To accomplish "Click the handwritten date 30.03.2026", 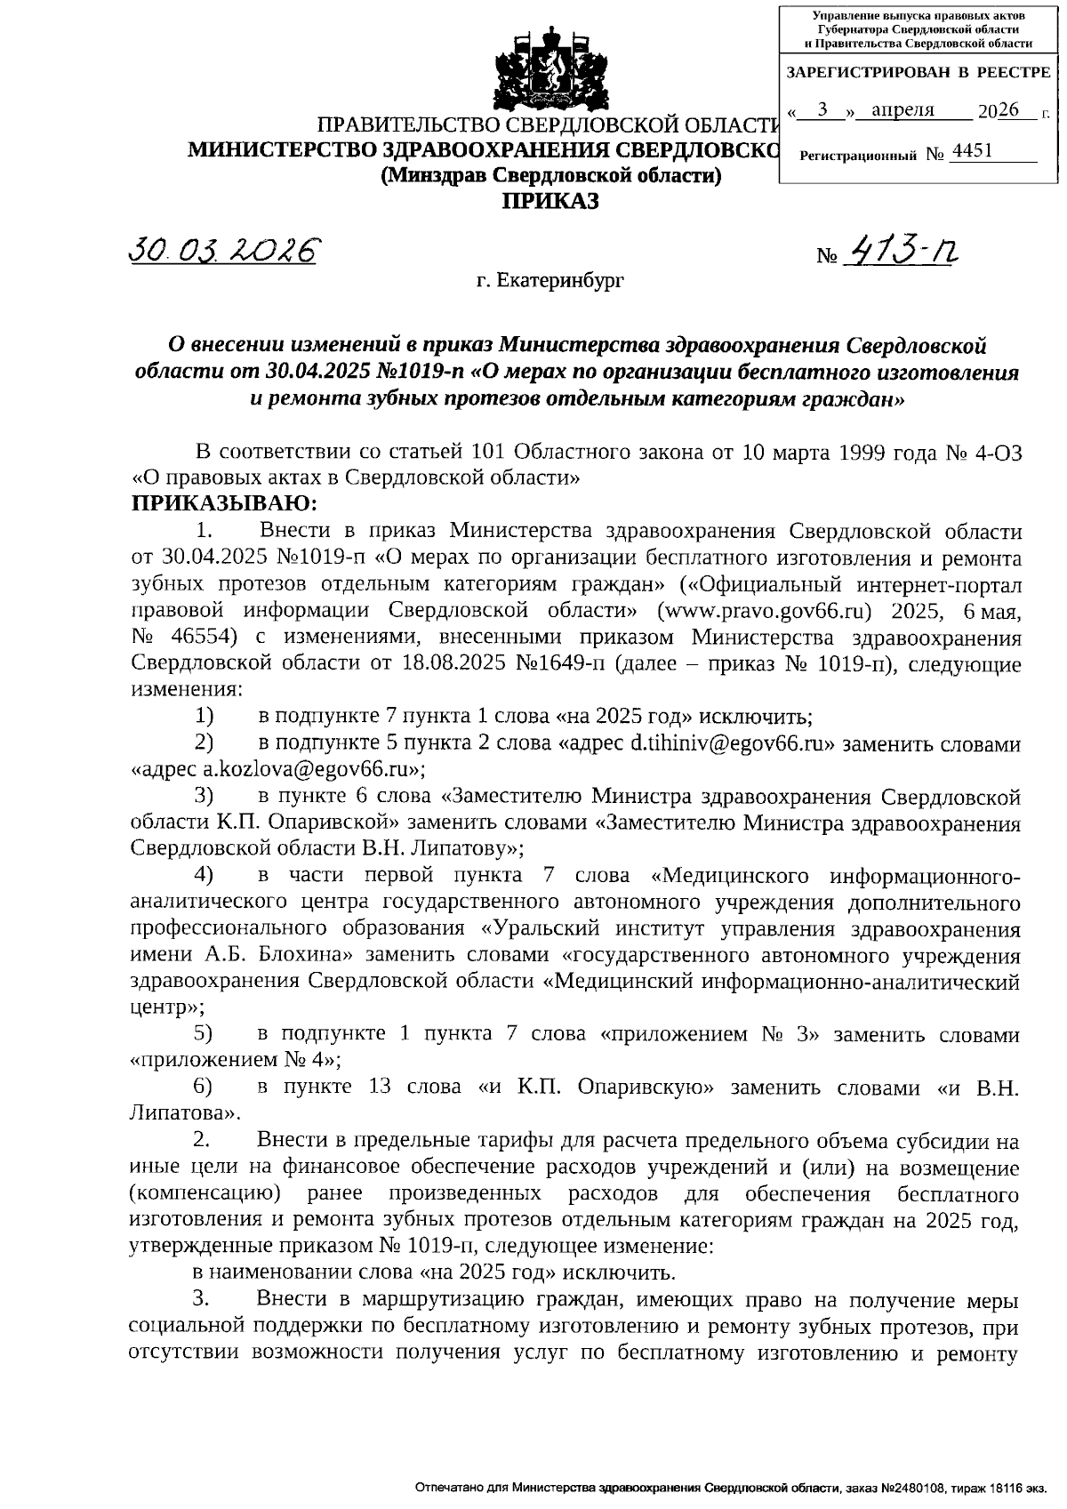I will click(x=223, y=251).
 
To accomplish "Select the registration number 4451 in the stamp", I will click(x=971, y=152).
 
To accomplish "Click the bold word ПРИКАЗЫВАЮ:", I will click(x=224, y=504).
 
